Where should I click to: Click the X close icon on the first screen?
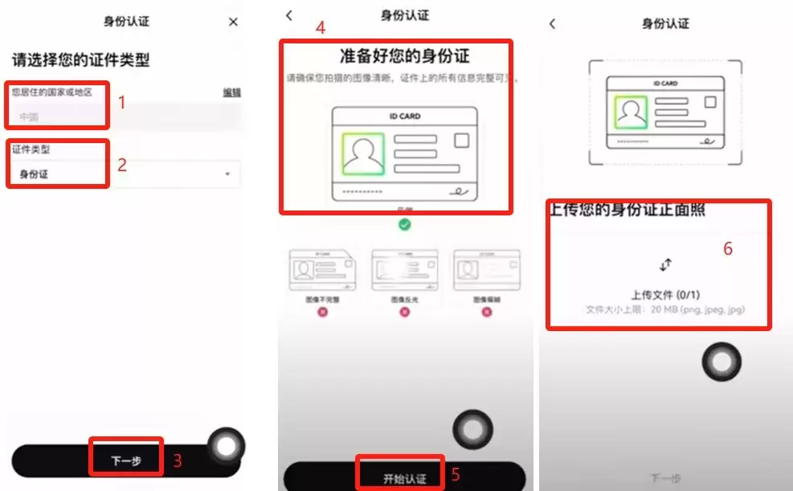[x=233, y=23]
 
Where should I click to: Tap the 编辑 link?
[x=231, y=92]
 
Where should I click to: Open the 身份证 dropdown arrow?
[x=227, y=174]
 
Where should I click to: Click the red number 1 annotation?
[x=122, y=102]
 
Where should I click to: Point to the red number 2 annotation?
[x=122, y=166]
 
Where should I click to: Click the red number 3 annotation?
[x=178, y=460]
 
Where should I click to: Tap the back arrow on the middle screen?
[x=289, y=15]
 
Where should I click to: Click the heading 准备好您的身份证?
[x=404, y=56]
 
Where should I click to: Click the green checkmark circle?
[x=405, y=224]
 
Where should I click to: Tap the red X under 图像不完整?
[x=323, y=311]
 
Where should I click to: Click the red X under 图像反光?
[x=404, y=311]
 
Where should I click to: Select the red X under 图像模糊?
[x=485, y=311]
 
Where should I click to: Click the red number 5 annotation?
[x=456, y=474]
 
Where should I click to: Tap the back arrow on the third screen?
[x=552, y=24]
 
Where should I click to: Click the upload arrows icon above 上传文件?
[x=665, y=264]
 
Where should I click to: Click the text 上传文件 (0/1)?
[x=665, y=295]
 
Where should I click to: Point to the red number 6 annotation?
[x=728, y=249]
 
